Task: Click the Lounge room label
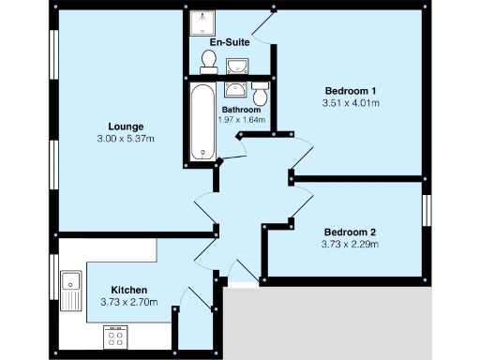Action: (126, 126)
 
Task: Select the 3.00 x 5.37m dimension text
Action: (126, 139)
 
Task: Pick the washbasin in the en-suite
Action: (237, 64)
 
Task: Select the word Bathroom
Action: (241, 109)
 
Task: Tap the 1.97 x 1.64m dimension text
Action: (241, 119)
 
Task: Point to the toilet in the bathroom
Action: (260, 93)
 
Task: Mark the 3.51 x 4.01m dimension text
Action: (350, 103)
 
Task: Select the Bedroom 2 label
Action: (350, 232)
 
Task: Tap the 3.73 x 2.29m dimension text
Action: (350, 246)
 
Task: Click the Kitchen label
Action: (128, 290)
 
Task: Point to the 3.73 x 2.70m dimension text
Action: (128, 303)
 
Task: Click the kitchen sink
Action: (71, 289)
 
